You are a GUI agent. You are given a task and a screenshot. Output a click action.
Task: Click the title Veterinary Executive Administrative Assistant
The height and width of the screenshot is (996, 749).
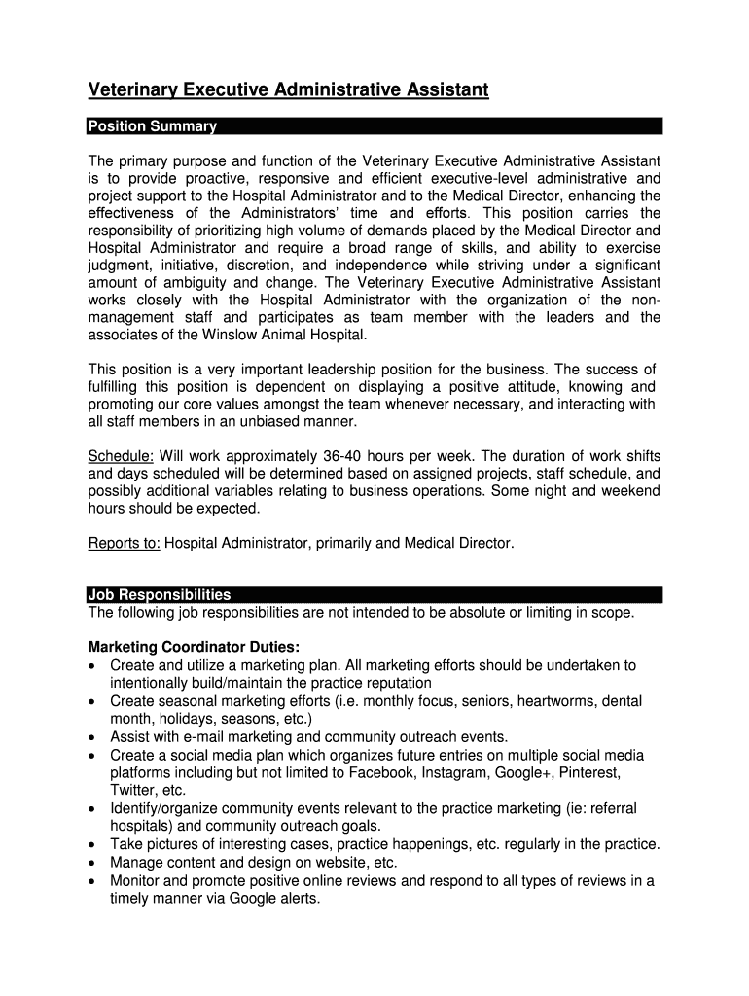point(288,90)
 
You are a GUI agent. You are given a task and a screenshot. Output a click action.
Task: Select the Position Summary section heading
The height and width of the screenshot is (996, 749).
point(152,126)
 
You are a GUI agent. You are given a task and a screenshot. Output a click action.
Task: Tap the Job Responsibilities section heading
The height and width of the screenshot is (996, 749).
point(160,594)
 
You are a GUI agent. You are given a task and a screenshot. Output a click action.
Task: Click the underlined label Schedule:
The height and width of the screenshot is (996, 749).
point(121,456)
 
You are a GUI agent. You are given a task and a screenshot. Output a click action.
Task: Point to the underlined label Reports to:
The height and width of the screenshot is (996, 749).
point(125,543)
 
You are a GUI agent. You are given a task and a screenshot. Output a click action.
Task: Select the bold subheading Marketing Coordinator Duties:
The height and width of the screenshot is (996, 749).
point(195,647)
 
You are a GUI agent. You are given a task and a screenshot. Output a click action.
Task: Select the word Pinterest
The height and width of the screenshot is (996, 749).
point(587,772)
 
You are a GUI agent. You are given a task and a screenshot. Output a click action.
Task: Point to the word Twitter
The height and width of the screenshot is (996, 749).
point(132,790)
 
